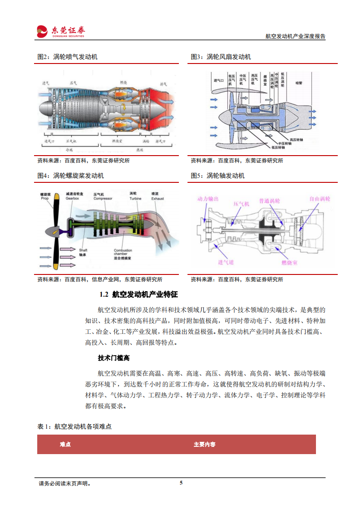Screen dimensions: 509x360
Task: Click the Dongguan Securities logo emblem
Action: point(42,30)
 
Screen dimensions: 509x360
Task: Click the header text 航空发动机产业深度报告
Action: point(295,36)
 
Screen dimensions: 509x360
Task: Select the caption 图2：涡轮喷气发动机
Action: point(67,57)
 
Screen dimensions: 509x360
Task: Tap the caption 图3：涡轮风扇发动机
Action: point(221,57)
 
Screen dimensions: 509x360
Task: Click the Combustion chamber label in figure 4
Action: point(123,254)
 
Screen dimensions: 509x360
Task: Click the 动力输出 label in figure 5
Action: point(208,199)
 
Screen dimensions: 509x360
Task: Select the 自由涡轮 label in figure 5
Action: point(320,199)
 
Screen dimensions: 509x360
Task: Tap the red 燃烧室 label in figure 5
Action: point(289,262)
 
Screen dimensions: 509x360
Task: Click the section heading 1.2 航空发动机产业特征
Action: point(138,294)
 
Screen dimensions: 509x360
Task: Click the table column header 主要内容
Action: point(204,445)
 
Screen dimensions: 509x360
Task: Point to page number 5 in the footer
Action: point(181,483)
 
